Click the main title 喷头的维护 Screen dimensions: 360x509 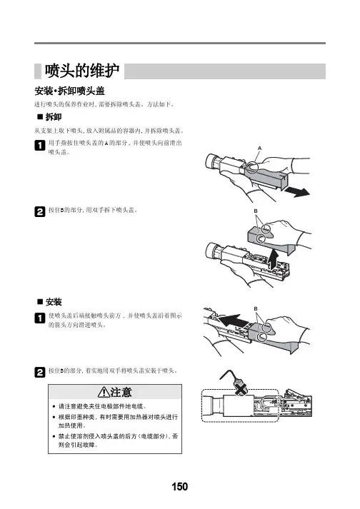82,71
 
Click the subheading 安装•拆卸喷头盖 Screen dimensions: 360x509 69,91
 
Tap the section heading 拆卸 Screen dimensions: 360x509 54,117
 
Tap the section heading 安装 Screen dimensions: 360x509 54,302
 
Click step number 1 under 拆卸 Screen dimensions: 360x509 39,145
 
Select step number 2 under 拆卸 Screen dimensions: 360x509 39,211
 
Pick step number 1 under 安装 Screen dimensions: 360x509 39,318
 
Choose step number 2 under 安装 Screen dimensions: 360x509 39,372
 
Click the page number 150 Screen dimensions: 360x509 180,486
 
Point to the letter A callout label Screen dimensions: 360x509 259,148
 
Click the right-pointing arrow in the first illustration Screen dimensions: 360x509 297,192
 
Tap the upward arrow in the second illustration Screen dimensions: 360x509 274,259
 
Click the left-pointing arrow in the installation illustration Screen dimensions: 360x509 234,321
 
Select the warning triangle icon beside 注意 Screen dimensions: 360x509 104,392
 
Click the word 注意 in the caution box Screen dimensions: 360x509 121,392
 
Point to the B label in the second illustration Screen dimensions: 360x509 256,211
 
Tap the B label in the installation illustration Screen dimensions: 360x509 256,308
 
